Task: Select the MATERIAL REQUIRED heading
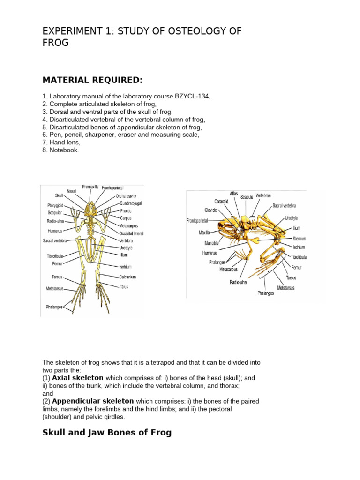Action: pyautogui.click(x=92, y=80)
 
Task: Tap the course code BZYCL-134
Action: pyautogui.click(x=192, y=97)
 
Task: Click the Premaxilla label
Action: pyautogui.click(x=90, y=187)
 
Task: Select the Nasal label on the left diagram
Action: pyautogui.click(x=71, y=191)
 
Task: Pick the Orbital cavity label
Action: pyautogui.click(x=126, y=196)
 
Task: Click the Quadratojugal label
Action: pyautogui.click(x=131, y=203)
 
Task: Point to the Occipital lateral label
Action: pyautogui.click(x=131, y=233)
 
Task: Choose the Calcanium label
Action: pyautogui.click(x=127, y=277)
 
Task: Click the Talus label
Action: pyautogui.click(x=124, y=286)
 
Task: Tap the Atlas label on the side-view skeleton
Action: pyautogui.click(x=233, y=193)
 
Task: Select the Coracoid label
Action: pyautogui.click(x=221, y=202)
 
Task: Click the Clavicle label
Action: pyautogui.click(x=210, y=210)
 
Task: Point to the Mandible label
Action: pyautogui.click(x=212, y=243)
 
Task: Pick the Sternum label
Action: pyautogui.click(x=299, y=239)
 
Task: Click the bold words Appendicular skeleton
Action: pyautogui.click(x=93, y=401)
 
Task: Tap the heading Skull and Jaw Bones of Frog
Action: pyautogui.click(x=107, y=433)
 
